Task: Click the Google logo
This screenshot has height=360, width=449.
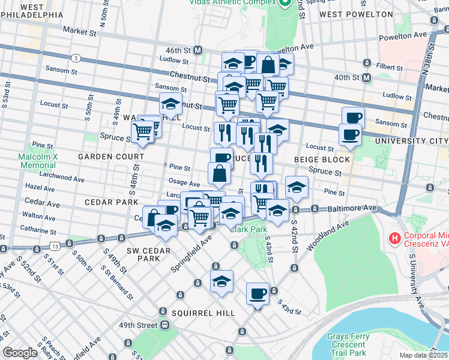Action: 20,353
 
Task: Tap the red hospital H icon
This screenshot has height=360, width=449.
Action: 394,239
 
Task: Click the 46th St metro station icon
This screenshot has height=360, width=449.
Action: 197,50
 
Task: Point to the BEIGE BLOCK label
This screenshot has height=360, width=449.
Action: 322,160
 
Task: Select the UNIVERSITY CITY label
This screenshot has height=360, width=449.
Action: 411,140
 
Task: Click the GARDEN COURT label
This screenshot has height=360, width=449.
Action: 110,156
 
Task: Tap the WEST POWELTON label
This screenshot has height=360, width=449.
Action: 349,14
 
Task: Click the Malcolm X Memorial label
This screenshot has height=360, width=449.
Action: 37,160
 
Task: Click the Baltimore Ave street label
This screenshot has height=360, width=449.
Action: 352,208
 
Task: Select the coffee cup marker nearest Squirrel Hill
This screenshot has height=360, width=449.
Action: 258,294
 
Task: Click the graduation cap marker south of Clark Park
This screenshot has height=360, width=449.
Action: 221,281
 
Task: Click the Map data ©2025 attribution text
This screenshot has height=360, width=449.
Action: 423,355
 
